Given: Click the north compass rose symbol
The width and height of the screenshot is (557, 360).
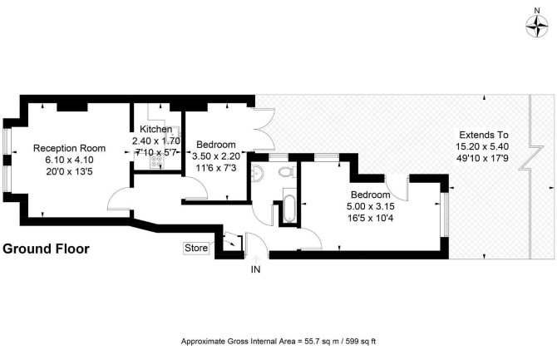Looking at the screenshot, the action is [x=537, y=27].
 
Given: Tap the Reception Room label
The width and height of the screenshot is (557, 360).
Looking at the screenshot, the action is [x=69, y=148].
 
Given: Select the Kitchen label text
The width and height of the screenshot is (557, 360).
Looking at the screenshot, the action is [x=156, y=129].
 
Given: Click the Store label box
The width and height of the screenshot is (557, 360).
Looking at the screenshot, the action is [x=196, y=248].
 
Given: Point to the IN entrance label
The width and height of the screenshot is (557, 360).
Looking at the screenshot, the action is [x=256, y=269].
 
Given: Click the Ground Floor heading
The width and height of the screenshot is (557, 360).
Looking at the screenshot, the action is [x=46, y=249].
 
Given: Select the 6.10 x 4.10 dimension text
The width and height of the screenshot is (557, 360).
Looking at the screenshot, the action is [x=69, y=160].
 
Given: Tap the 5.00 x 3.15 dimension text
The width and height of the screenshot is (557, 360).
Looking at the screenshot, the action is [x=371, y=206].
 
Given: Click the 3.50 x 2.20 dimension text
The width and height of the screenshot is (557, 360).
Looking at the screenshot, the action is [x=216, y=156].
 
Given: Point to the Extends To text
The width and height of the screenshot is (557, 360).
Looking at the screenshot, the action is [x=484, y=135].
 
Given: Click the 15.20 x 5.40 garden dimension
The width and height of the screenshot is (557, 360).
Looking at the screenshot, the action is [x=482, y=146].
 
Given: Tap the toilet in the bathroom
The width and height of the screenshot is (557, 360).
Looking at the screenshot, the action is [x=286, y=172].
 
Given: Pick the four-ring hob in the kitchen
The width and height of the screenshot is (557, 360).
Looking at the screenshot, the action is [x=156, y=161].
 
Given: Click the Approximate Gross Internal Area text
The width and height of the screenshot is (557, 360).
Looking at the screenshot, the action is [x=278, y=342].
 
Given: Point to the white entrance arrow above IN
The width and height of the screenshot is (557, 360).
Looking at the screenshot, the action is [x=256, y=259].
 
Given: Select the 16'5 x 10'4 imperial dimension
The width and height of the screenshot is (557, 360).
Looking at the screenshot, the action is [x=371, y=218].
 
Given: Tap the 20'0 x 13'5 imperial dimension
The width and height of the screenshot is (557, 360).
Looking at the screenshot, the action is [x=69, y=171].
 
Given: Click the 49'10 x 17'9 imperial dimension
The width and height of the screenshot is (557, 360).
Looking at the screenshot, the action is [x=482, y=158].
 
